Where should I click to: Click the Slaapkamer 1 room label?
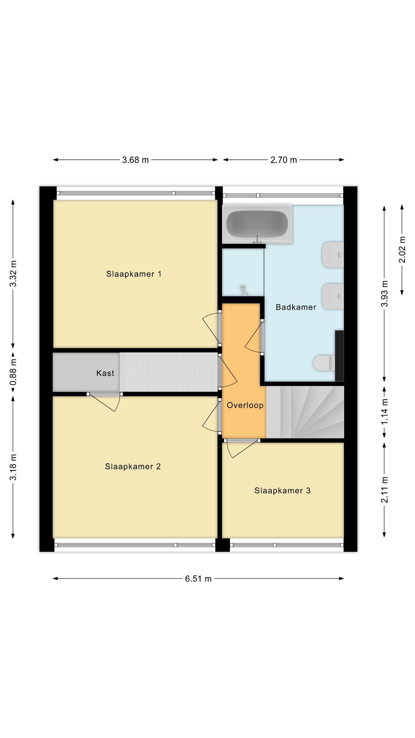[x=134, y=274]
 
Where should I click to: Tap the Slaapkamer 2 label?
[x=133, y=466]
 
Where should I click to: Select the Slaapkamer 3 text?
[x=282, y=490]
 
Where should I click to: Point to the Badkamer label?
[x=296, y=307]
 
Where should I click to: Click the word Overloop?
[x=245, y=405]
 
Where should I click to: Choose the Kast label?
[x=105, y=373]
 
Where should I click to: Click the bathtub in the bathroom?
[x=257, y=224]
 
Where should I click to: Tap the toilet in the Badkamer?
[x=324, y=363]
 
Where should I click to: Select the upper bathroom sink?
[x=333, y=255]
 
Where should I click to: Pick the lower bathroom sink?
[x=333, y=296]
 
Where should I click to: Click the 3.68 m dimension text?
[x=135, y=160]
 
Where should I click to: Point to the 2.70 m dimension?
[x=284, y=160]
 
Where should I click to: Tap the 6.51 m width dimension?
[x=198, y=579]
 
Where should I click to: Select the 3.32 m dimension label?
[x=13, y=274]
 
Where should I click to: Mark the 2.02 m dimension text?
[x=402, y=249]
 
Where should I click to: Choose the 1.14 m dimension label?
[x=385, y=411]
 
